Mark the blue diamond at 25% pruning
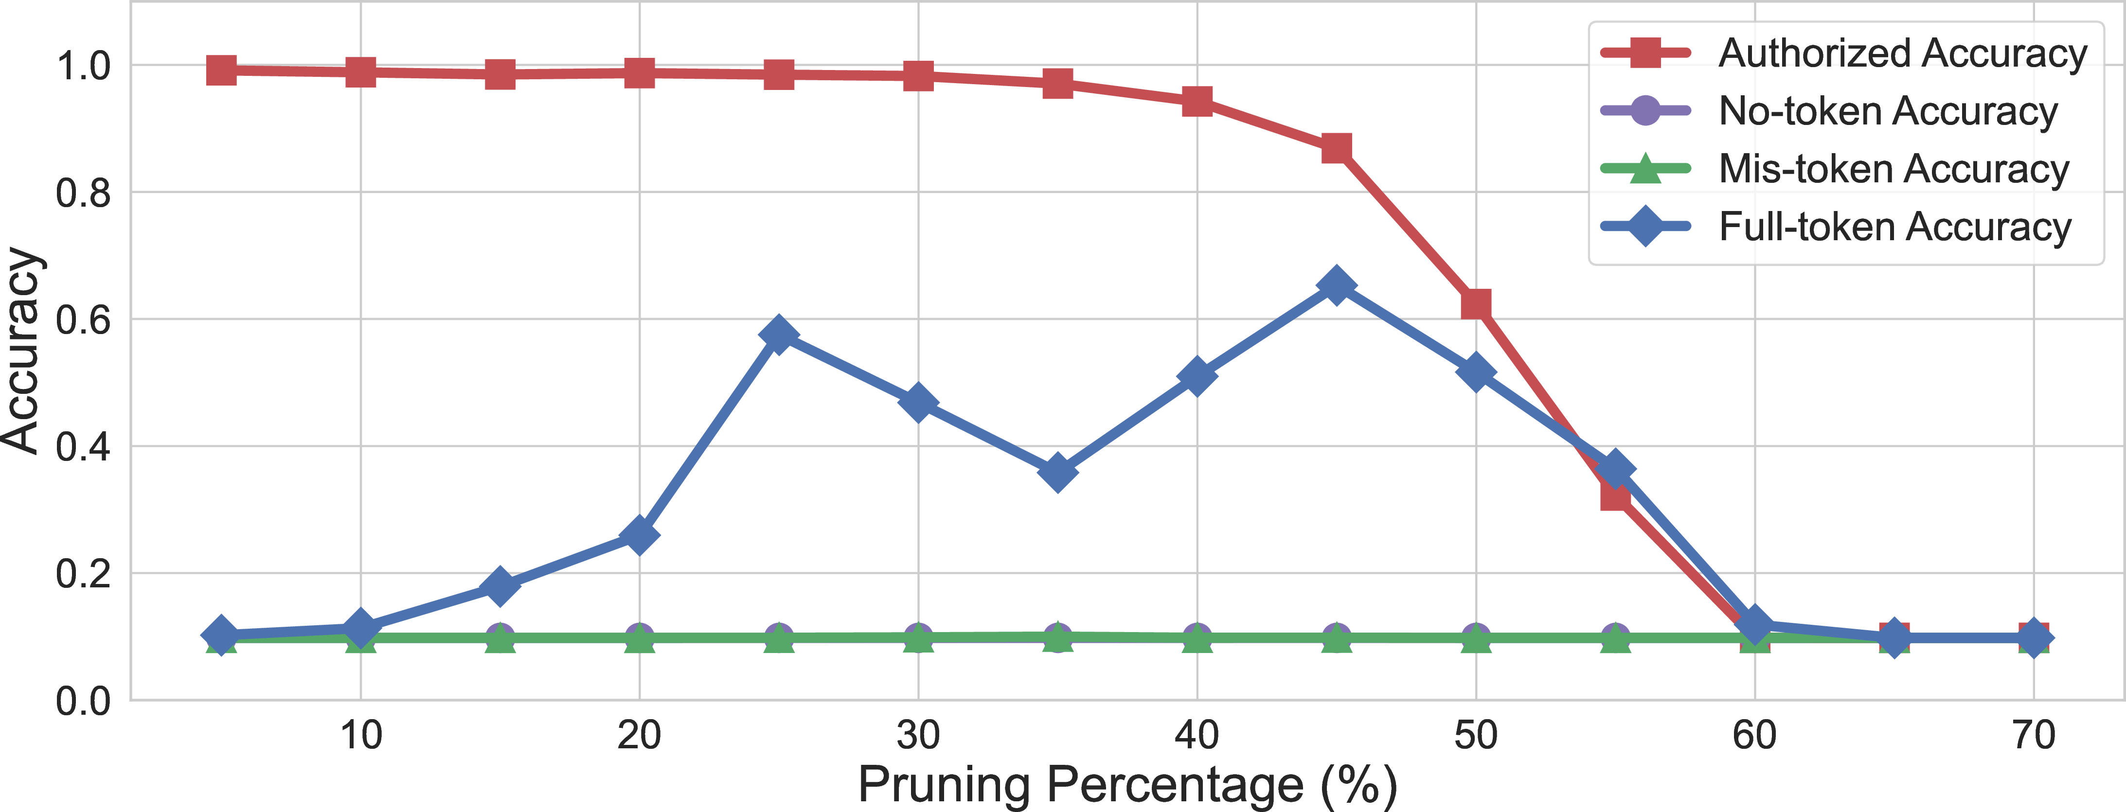point(778,335)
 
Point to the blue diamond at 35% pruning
point(1057,472)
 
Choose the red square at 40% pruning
point(1197,102)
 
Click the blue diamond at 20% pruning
point(639,535)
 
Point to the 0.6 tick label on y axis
point(83,320)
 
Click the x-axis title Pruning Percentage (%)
point(1127,785)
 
